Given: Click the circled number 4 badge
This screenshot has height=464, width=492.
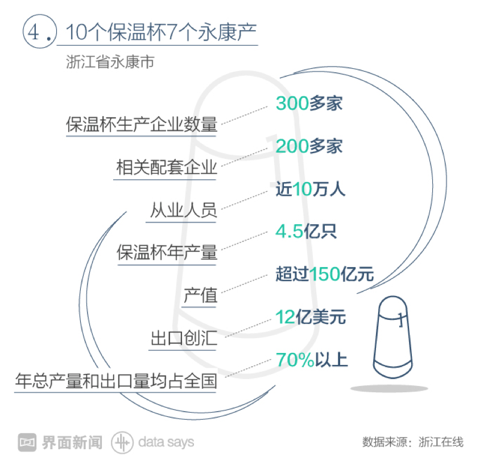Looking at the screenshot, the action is pos(40,31).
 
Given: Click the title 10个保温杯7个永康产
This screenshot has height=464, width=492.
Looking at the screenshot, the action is pos(162,32).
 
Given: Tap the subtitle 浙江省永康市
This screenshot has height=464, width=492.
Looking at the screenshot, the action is pos(110,61).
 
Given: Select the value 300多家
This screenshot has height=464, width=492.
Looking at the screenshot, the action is pos(309,103).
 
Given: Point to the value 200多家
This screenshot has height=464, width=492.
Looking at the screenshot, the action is pos(309,146).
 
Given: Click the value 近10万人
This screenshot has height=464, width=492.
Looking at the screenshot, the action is pos(311,189).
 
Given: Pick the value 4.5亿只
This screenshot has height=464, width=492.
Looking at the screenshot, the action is pos(306,232).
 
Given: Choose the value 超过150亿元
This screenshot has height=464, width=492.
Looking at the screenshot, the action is pos(325,274).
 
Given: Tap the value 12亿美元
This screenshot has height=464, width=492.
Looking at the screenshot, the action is pos(311,317).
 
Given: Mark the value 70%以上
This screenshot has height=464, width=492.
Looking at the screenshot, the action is pos(312,360).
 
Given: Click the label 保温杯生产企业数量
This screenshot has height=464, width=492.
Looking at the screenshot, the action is pos(142,125).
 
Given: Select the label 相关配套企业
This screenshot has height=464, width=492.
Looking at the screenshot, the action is pos(167,167).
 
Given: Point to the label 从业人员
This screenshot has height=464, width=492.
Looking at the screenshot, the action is pos(184,210).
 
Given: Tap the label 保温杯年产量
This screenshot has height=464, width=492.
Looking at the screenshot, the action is pos(167,253).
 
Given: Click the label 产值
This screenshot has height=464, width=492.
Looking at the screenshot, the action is pos(201,295).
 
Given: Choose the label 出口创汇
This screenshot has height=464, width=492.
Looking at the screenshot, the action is pos(184,338).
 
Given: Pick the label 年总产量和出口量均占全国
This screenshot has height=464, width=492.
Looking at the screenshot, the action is pos(116,381).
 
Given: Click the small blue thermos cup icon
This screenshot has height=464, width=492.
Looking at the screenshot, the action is pos(392,337).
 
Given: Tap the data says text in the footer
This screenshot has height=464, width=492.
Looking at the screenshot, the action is pos(166,442).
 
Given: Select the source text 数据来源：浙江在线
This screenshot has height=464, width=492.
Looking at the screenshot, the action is pos(413,442).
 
